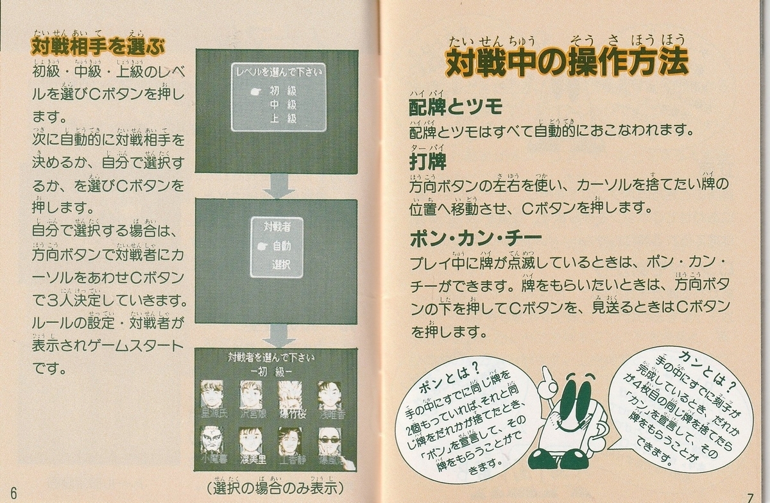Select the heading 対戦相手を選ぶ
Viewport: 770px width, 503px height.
tap(98, 47)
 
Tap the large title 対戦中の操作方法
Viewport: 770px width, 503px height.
tap(566, 63)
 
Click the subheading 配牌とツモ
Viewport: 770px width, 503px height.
tap(456, 107)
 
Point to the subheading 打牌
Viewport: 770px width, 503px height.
tap(427, 161)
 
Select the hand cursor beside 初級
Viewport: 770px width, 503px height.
tap(255, 91)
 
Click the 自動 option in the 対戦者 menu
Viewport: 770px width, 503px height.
tap(281, 245)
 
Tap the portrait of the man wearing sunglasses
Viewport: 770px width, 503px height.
tap(330, 441)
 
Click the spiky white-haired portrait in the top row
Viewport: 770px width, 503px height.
tap(290, 394)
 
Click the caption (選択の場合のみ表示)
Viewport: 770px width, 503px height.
tap(276, 488)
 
